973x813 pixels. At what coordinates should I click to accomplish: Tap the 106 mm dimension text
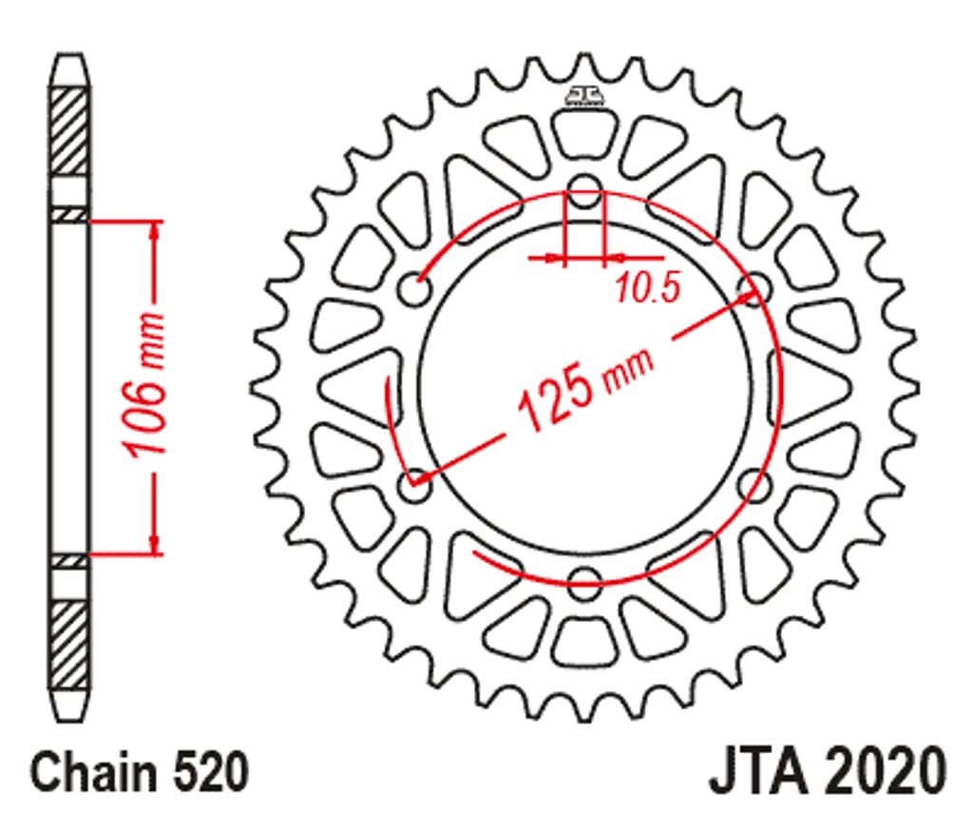(x=145, y=384)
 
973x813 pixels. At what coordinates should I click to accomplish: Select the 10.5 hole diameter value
(x=648, y=287)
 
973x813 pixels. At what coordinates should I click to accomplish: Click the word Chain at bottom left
(x=94, y=772)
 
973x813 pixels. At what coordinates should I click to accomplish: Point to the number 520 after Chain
(x=210, y=772)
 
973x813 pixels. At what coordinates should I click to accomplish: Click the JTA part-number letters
(x=759, y=771)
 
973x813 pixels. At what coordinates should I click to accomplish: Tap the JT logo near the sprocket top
(x=584, y=95)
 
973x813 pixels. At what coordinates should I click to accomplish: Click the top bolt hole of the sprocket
(x=584, y=191)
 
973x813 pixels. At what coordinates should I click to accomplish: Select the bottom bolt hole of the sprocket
(x=584, y=584)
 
